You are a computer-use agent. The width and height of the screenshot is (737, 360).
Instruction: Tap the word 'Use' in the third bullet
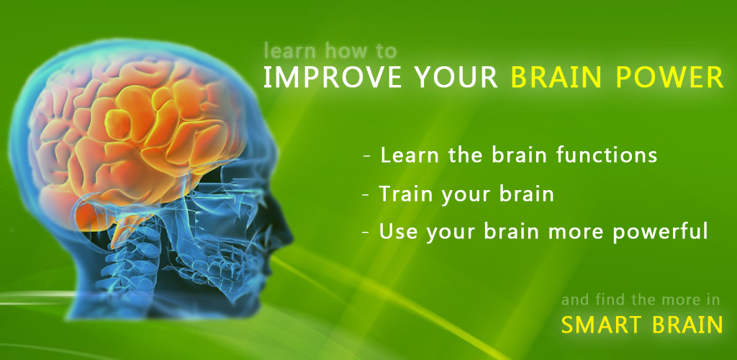click(x=397, y=231)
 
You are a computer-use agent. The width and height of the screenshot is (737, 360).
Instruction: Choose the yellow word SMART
click(x=600, y=325)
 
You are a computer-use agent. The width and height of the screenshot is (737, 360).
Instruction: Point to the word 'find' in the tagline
click(x=610, y=300)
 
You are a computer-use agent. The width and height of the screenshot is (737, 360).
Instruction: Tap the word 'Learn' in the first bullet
click(x=407, y=155)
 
